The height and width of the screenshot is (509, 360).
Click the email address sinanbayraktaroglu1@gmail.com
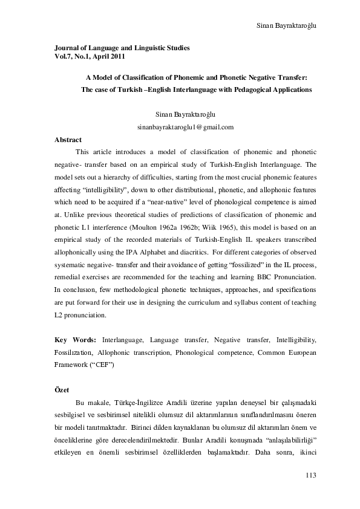(x=186, y=127)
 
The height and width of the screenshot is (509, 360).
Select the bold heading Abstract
(x=68, y=140)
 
